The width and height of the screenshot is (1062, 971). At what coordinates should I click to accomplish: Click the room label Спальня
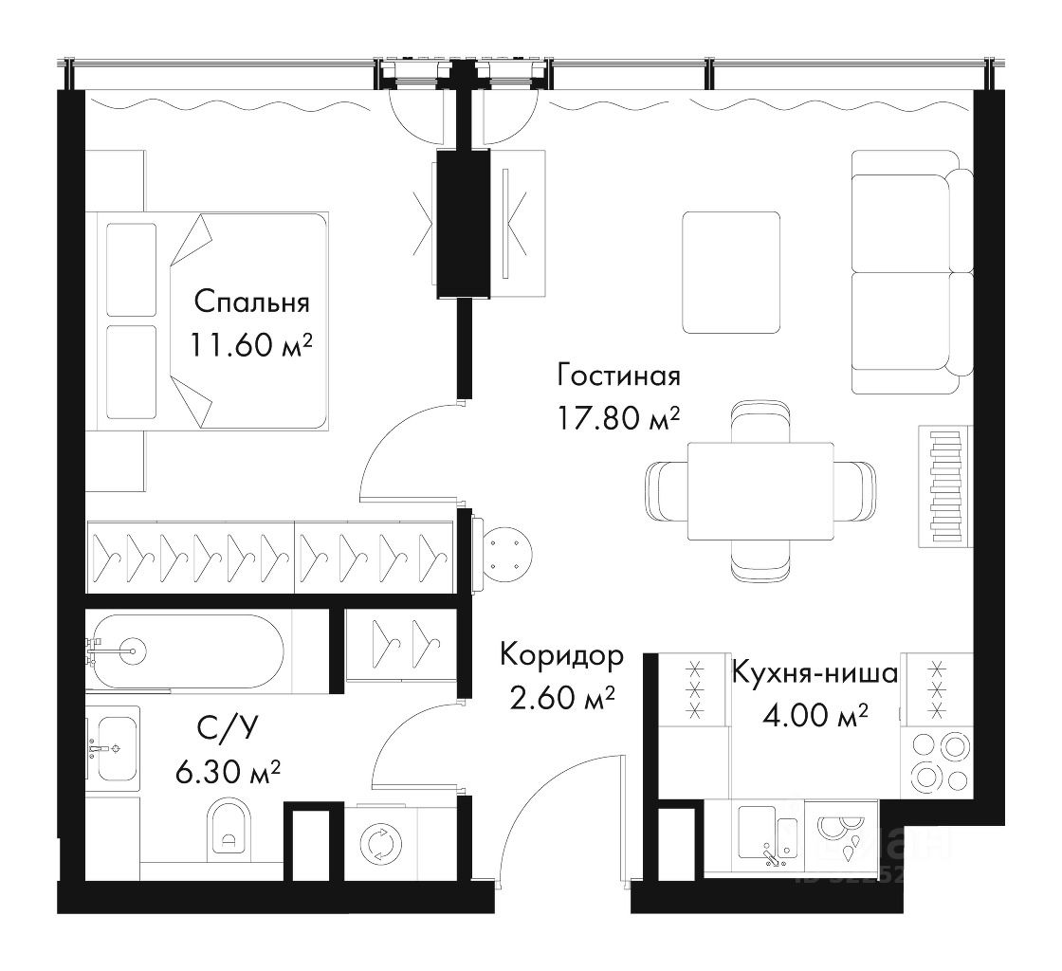[251, 302]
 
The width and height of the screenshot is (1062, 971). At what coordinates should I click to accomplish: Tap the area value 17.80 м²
[618, 418]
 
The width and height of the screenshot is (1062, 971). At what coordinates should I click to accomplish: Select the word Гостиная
[618, 376]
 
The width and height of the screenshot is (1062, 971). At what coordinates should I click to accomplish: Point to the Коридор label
[561, 655]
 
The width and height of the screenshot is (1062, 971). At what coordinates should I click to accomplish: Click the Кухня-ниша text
[815, 673]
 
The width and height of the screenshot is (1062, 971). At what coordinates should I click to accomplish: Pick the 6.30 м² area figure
[228, 771]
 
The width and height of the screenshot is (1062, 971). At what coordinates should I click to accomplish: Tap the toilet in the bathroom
[228, 828]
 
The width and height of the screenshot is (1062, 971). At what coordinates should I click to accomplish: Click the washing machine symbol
[381, 844]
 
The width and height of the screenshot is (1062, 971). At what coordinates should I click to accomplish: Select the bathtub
[186, 652]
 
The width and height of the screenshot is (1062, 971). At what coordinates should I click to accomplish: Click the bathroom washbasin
[114, 749]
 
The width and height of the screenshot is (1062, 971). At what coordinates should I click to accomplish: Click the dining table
[760, 491]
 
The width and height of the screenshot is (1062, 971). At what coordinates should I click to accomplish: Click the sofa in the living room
[912, 272]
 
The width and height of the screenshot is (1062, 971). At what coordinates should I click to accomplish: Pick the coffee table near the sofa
[731, 272]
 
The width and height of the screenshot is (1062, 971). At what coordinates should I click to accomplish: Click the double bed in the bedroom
[212, 321]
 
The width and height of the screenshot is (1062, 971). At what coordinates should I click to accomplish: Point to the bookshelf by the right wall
[945, 485]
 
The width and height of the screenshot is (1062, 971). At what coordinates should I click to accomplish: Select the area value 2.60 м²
[561, 698]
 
